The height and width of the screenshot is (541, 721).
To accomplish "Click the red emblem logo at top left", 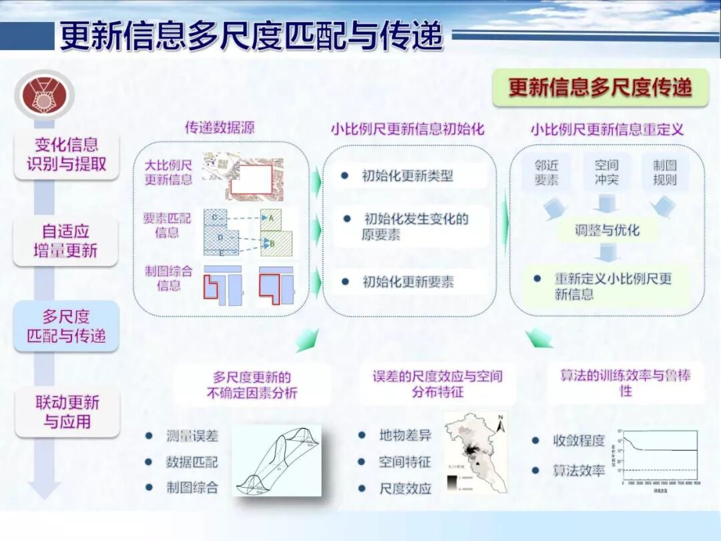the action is coord(45,95).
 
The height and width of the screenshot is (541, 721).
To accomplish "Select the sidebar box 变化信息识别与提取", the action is coord(66,154).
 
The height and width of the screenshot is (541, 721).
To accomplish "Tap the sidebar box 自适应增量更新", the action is coord(66,241).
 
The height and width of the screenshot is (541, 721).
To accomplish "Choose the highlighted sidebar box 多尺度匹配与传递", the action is coord(66,326).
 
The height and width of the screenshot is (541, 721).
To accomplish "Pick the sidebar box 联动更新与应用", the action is coord(67,412).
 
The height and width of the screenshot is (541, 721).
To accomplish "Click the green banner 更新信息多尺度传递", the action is coord(600,87).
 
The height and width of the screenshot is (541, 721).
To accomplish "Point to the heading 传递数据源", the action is coord(220,127).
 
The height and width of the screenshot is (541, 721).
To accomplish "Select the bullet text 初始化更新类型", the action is coord(407,176).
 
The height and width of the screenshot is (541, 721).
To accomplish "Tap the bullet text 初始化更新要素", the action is coord(408,282).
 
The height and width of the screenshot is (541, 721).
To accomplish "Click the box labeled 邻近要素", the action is coord(546,172).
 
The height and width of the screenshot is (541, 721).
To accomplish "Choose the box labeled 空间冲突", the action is coord(606,172).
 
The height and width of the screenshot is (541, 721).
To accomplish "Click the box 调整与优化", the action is coord(607,230).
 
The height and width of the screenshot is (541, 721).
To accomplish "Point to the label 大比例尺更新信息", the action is coord(169,172).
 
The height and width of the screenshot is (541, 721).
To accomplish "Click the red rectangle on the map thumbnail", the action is coord(250,179).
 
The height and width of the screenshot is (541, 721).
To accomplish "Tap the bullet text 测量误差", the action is coord(192,435).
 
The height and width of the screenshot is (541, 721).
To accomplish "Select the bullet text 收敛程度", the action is coord(578,441).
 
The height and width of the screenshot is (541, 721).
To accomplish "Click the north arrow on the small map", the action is coord(500,420).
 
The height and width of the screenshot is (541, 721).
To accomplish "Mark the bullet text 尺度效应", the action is coord(405,488).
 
